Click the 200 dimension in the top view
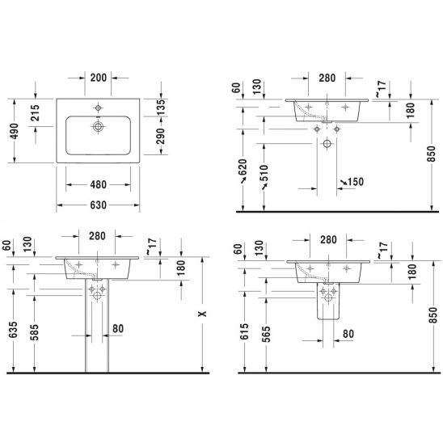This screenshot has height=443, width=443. (x=99, y=78)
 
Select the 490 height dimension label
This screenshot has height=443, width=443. (x=14, y=131)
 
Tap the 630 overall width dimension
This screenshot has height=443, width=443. (x=99, y=205)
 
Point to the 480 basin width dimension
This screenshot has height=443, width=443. (x=99, y=185)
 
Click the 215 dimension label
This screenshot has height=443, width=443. (x=35, y=112)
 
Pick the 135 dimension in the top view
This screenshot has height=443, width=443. (x=161, y=108)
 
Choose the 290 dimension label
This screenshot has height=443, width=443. (x=161, y=136)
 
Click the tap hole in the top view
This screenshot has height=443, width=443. (x=98, y=108)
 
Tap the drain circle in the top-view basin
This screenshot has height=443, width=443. (x=98, y=126)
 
